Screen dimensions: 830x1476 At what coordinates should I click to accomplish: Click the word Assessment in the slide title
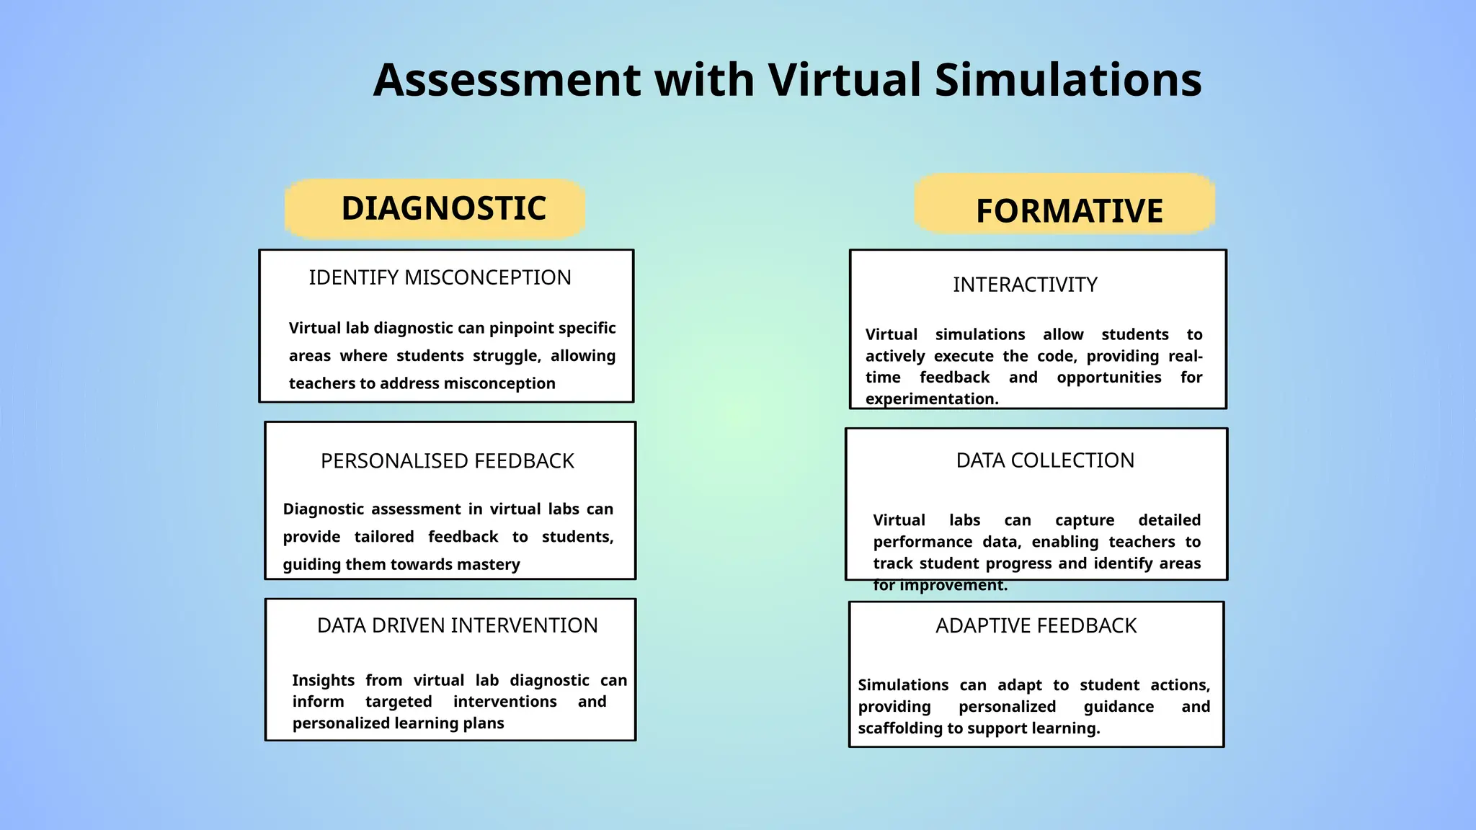[x=507, y=79]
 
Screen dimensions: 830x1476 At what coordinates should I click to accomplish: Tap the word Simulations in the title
[x=1068, y=79]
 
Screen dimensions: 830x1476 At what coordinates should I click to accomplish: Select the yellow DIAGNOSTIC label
[x=443, y=208]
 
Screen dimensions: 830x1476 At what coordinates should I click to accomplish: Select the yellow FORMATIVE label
[x=1069, y=211]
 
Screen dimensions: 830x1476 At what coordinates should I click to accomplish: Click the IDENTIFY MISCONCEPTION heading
[x=440, y=277]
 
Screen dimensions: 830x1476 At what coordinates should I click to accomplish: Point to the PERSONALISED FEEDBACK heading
[x=447, y=461]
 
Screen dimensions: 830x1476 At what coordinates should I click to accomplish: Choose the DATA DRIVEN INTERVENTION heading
[x=457, y=625]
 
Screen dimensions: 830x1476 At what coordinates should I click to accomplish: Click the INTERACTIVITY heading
[x=1025, y=285]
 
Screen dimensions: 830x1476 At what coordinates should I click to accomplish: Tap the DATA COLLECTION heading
[x=1045, y=460]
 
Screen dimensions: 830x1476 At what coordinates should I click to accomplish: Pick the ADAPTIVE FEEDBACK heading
[x=1036, y=625]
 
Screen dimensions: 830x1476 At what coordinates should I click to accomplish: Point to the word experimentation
[x=931, y=399]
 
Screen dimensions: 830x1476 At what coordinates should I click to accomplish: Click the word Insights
[x=323, y=681]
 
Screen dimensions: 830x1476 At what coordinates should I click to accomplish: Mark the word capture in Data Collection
[x=1085, y=520]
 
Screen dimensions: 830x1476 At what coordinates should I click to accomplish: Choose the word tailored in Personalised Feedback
[x=384, y=537]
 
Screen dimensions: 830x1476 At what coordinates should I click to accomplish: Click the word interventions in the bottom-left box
[x=504, y=702]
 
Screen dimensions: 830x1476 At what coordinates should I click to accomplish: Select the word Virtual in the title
[x=844, y=79]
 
